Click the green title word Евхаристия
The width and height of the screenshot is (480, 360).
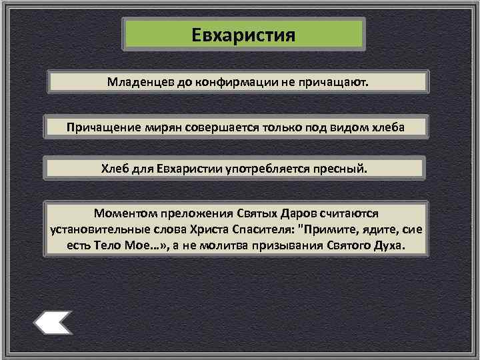(243, 33)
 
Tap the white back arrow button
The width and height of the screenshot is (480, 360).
(53, 323)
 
